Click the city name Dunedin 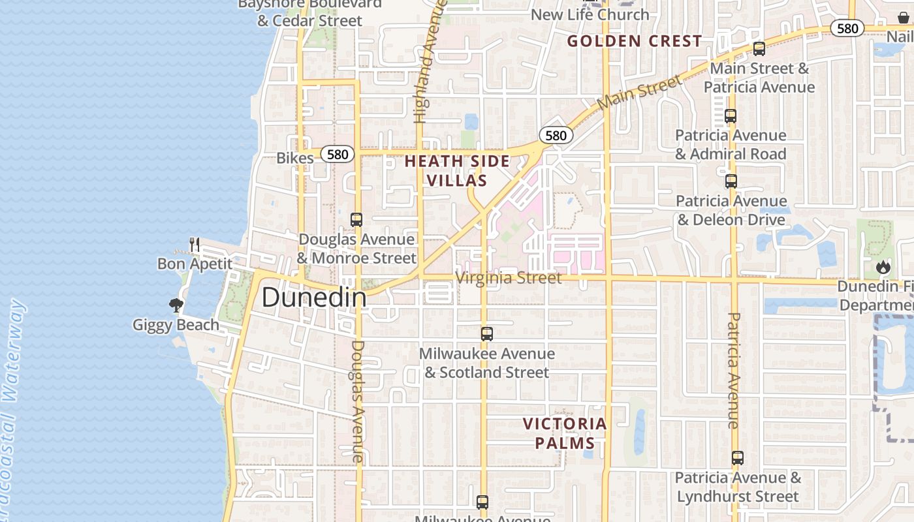point(314,298)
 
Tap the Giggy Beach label point(176,324)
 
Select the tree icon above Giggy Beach point(176,305)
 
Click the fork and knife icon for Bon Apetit point(195,245)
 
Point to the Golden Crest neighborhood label point(635,41)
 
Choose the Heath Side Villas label point(456,171)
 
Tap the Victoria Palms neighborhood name point(565,433)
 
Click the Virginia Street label point(509,278)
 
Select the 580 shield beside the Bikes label point(338,155)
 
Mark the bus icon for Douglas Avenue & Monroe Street point(356,220)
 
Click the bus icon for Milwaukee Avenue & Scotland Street point(487,334)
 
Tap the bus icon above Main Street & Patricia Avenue point(759,49)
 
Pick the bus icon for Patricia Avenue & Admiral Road point(731,117)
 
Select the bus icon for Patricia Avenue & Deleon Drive point(731,181)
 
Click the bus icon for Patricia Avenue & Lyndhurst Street point(738,458)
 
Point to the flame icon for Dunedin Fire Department point(883,267)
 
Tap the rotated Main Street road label point(639,92)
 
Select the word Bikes point(295,157)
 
